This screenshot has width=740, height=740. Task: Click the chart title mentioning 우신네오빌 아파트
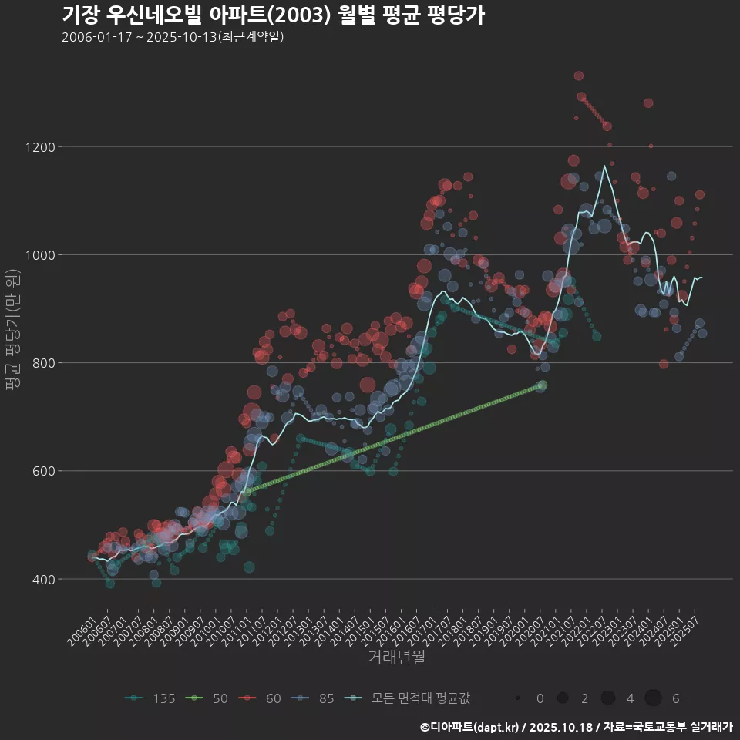pos(273,15)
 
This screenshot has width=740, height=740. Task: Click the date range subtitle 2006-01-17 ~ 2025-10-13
pos(173,37)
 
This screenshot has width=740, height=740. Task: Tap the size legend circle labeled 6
pos(653,698)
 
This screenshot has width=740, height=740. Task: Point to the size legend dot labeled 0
pos(518,698)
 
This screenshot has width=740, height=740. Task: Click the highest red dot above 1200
pos(579,76)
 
